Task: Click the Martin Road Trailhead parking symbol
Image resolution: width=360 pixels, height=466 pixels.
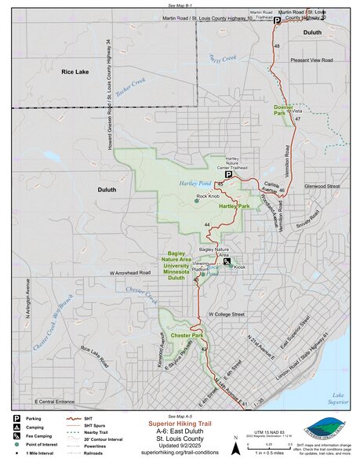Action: tap(276, 23)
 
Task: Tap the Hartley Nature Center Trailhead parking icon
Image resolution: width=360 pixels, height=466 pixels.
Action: tap(228, 176)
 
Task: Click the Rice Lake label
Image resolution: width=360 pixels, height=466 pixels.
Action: tap(77, 71)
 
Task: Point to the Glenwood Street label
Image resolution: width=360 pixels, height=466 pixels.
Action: tap(322, 186)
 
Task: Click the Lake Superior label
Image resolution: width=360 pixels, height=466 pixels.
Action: tap(336, 398)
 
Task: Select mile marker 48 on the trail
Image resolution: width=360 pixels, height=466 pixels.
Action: tap(277, 47)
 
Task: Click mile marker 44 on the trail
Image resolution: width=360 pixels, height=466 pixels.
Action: tap(206, 225)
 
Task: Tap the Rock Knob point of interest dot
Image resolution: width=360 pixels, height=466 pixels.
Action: tap(196, 202)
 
